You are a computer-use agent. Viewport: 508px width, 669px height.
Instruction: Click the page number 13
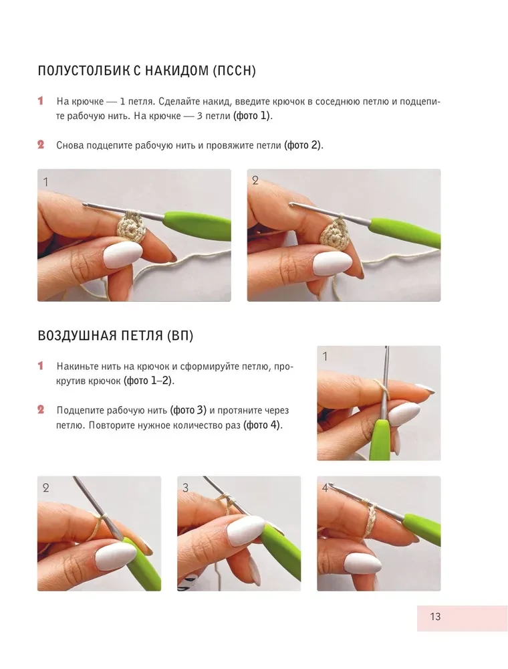(434, 617)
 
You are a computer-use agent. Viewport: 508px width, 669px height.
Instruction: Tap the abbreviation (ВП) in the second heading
(180, 336)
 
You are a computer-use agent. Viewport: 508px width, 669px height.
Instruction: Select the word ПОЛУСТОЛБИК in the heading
(84, 70)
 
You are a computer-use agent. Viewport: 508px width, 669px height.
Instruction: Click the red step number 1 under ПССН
(41, 101)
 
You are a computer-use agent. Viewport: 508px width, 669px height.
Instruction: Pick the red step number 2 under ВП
(41, 409)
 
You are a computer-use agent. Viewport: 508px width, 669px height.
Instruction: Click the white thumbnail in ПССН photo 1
(123, 255)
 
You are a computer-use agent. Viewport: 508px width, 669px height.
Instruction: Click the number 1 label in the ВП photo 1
(325, 357)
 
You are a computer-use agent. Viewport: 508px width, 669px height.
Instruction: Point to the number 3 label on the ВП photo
(185, 488)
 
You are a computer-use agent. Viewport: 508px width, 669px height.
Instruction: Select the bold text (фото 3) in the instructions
(188, 410)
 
